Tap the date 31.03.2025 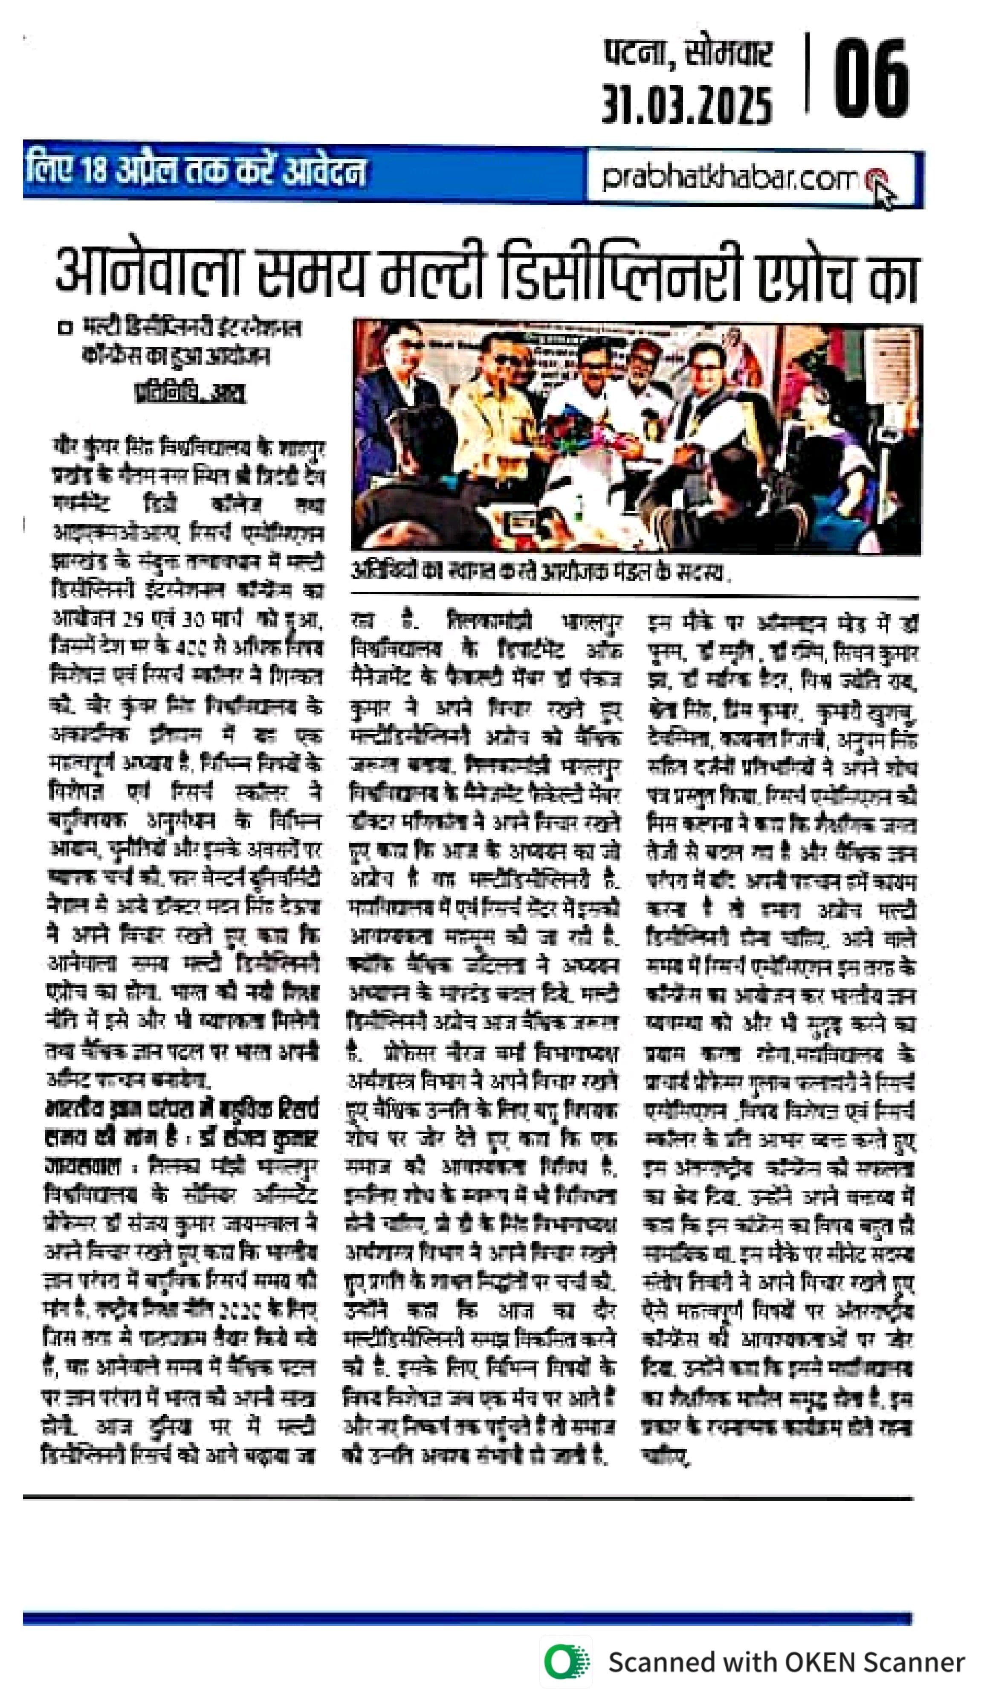(687, 106)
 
